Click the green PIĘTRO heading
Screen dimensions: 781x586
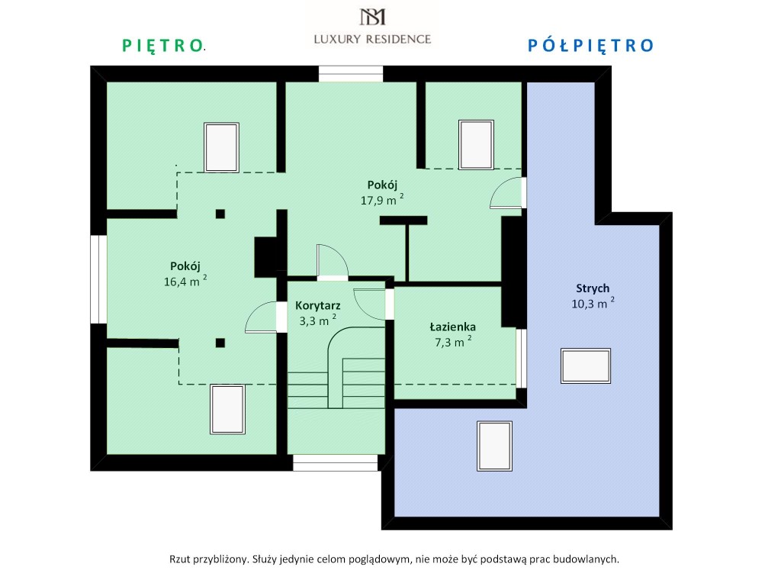pyautogui.click(x=163, y=46)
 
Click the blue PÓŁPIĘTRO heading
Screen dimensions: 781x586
pyautogui.click(x=590, y=46)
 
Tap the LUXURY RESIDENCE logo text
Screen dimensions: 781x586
pyautogui.click(x=372, y=40)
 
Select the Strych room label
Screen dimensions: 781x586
pyautogui.click(x=593, y=288)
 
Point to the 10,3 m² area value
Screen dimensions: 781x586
pyautogui.click(x=593, y=303)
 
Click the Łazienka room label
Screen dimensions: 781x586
pyautogui.click(x=453, y=327)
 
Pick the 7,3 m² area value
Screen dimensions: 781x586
pyautogui.click(x=453, y=342)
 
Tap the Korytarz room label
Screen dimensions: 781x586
pyautogui.click(x=318, y=305)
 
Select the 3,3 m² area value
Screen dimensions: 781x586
pyautogui.click(x=318, y=320)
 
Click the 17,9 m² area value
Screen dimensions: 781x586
pyautogui.click(x=382, y=200)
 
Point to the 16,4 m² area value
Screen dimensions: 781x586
pyautogui.click(x=185, y=281)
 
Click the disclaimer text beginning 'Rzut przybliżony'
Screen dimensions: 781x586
pyautogui.click(x=394, y=559)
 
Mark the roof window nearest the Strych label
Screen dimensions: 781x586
pyautogui.click(x=586, y=365)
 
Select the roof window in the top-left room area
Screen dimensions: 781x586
pyautogui.click(x=222, y=147)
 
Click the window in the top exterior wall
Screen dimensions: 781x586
pyautogui.click(x=351, y=74)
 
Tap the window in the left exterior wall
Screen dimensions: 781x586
pyautogui.click(x=98, y=279)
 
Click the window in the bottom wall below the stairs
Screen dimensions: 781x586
pyautogui.click(x=336, y=463)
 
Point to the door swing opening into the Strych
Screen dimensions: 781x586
pyautogui.click(x=507, y=193)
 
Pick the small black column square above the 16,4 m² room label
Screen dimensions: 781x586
pyautogui.click(x=220, y=214)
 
